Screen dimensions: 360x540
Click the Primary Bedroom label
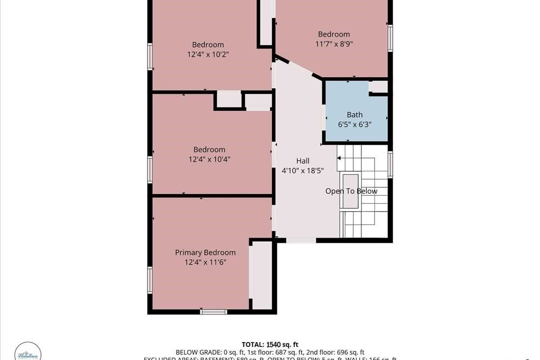click(205, 252)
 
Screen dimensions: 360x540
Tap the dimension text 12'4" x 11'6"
click(205, 261)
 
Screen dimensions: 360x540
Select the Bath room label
click(355, 115)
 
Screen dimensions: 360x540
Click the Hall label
click(302, 161)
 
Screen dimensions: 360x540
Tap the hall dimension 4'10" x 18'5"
click(302, 170)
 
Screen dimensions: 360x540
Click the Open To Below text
click(351, 191)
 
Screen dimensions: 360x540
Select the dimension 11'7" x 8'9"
click(333, 44)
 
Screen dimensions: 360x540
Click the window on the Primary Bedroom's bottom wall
click(213, 311)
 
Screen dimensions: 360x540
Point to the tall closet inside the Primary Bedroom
click(261, 275)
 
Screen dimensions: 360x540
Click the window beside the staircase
click(390, 164)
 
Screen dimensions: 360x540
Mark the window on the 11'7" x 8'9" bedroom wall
click(390, 39)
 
